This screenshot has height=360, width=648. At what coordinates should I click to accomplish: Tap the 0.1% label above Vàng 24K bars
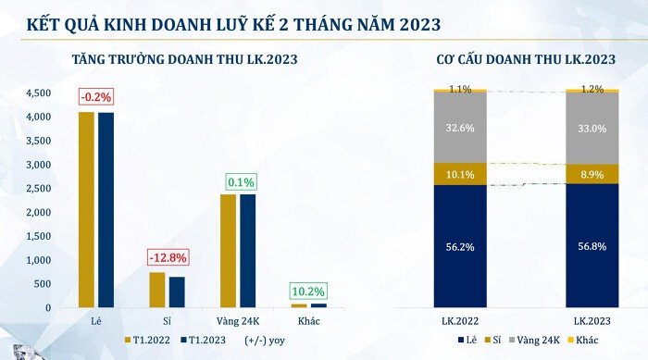click(237, 181)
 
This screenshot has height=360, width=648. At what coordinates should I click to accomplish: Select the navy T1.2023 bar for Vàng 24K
click(247, 251)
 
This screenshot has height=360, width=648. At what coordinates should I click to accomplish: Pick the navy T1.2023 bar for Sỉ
click(176, 292)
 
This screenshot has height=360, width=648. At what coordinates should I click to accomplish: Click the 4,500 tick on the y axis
click(39, 93)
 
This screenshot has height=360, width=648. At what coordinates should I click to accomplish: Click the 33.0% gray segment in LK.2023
click(592, 129)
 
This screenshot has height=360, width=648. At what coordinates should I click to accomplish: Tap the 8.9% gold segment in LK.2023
click(592, 174)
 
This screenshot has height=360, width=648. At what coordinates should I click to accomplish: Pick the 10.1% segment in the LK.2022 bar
click(459, 174)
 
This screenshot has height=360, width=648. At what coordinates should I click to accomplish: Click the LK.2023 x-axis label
click(592, 320)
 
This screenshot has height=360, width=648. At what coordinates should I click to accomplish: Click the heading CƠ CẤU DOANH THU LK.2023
click(526, 60)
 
